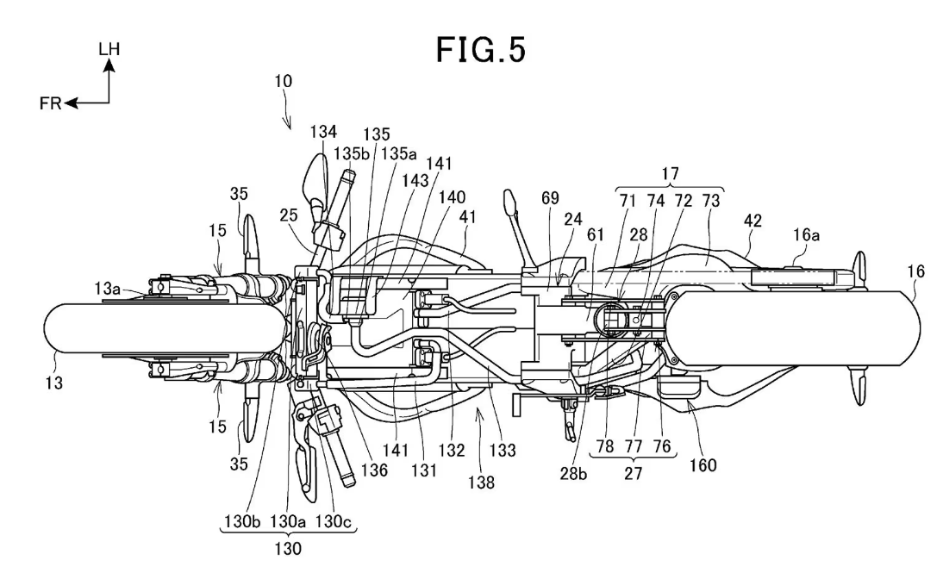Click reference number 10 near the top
coord(284,82)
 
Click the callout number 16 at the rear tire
coord(915,272)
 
